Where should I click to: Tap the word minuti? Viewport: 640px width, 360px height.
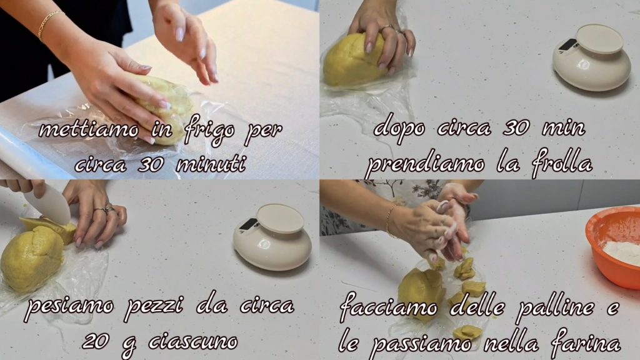point(211,164)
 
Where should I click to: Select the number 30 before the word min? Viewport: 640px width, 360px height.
point(517,128)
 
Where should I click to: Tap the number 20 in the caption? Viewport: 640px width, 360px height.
point(96,341)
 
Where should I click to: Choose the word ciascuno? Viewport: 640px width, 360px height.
point(193,341)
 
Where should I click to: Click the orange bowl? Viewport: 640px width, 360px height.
point(614,246)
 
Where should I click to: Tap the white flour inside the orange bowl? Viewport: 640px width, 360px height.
point(622,252)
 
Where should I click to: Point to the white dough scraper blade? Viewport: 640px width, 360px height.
point(49,204)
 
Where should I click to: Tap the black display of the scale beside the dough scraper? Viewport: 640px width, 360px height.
point(249,224)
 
